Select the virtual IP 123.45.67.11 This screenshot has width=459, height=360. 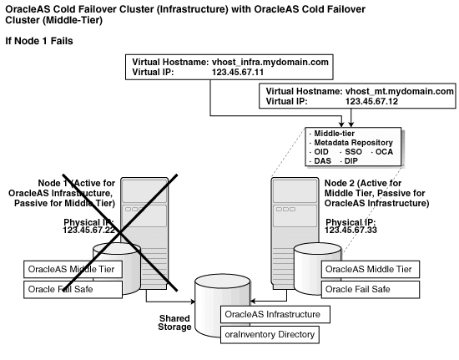pyautogui.click(x=238, y=73)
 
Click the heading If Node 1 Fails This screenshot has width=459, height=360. pyautogui.click(x=39, y=40)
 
